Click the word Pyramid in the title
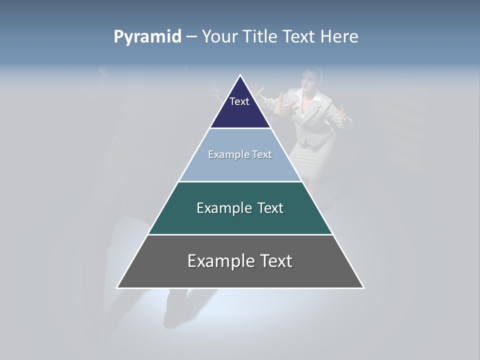coord(147,37)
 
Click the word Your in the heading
coord(219,37)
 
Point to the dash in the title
coord(191,37)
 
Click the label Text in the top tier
coord(239,101)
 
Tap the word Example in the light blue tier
coord(224,154)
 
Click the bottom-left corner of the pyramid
coord(117,287)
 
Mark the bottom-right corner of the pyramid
coord(363,287)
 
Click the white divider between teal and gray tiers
coord(240,234)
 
